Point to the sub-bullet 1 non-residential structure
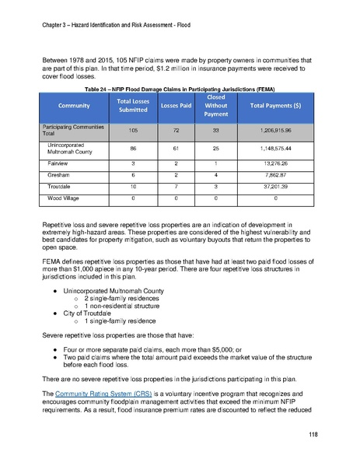(117, 303)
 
